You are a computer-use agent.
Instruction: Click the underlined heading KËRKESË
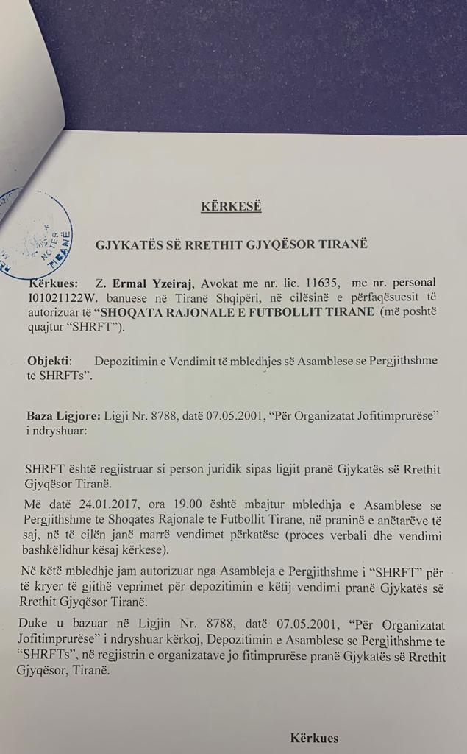pyautogui.click(x=231, y=206)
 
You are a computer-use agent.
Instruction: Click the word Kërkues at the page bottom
pyautogui.click(x=314, y=737)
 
